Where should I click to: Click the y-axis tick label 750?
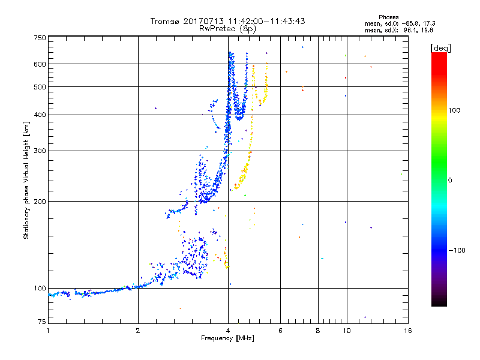[40, 38]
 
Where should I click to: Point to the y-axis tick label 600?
[40, 64]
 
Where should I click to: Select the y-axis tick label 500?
[40, 87]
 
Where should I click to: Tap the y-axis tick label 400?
[40, 115]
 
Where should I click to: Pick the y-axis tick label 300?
[40, 151]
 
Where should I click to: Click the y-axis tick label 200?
[40, 202]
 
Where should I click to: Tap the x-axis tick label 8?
[318, 331]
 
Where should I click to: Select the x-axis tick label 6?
[281, 331]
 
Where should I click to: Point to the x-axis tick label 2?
[138, 331]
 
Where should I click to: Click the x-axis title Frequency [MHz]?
[227, 339]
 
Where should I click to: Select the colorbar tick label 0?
[450, 180]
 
